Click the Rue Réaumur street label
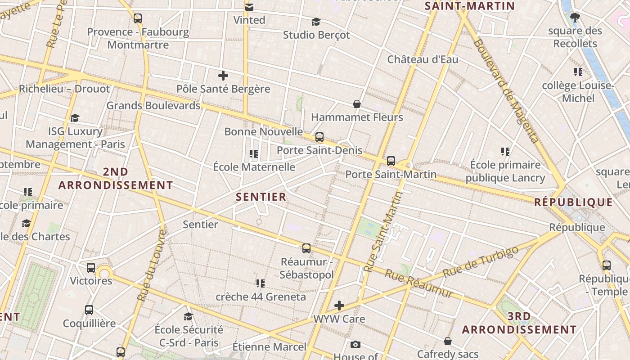[418, 283]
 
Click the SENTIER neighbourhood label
[261, 197]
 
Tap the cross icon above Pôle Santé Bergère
[223, 76]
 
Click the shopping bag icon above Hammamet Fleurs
[357, 104]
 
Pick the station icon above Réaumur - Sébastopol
[306, 248]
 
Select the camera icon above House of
[355, 345]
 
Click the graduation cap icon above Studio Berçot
[316, 22]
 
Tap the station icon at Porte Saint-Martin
[391, 161]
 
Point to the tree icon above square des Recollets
[575, 18]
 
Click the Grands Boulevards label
[153, 106]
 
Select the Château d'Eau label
[423, 59]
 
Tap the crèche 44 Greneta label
[261, 297]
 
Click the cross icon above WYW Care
[339, 306]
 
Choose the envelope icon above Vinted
[249, 7]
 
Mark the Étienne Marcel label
[269, 347]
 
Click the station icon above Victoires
[91, 268]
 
